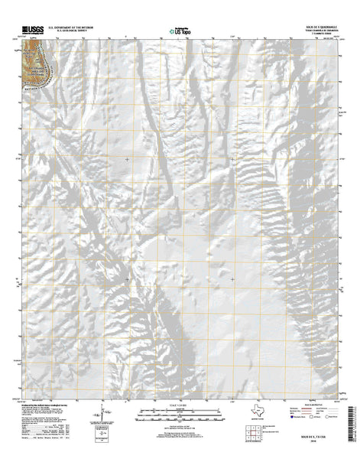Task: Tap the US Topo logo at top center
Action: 180,31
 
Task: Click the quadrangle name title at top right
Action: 318,26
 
